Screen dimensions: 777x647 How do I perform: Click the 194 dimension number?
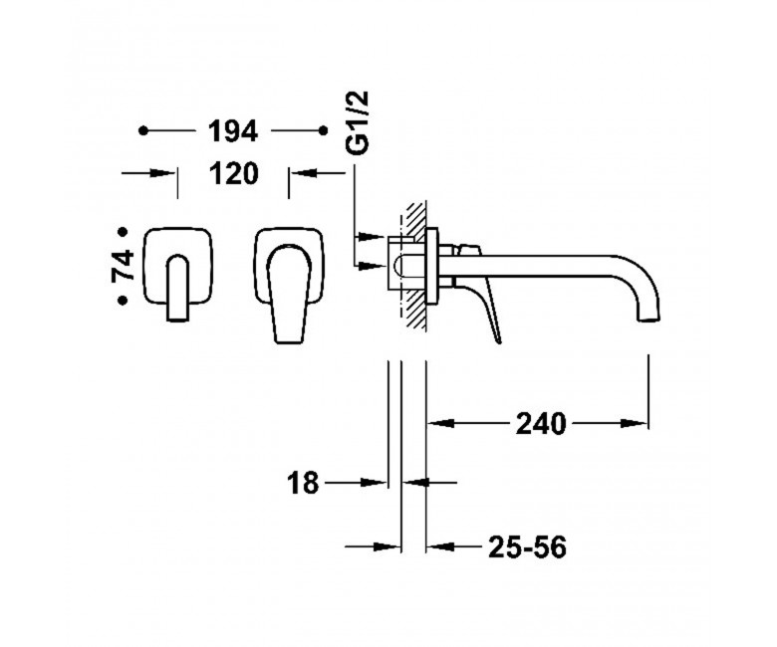(233, 131)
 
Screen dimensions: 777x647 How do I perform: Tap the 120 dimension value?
(234, 174)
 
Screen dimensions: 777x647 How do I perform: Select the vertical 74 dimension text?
(124, 266)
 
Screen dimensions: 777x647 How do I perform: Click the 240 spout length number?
(541, 424)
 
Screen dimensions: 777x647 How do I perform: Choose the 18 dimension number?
(303, 483)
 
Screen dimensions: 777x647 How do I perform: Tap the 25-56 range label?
(527, 547)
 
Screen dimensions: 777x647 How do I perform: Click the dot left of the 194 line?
(143, 130)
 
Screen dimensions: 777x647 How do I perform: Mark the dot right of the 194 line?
(323, 130)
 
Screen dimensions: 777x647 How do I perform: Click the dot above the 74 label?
(122, 232)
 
